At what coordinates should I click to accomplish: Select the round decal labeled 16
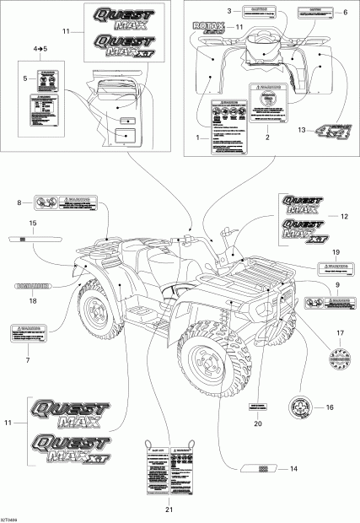point(301,407)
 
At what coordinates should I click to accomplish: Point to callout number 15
point(32,223)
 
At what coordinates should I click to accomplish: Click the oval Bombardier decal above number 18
point(32,286)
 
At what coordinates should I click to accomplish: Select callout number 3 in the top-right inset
point(228,11)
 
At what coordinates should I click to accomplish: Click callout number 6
point(344,12)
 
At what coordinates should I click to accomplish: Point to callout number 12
point(344,217)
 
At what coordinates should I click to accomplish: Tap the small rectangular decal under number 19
point(334,270)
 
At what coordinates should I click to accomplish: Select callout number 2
point(268,137)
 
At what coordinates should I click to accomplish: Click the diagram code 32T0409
point(12,517)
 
